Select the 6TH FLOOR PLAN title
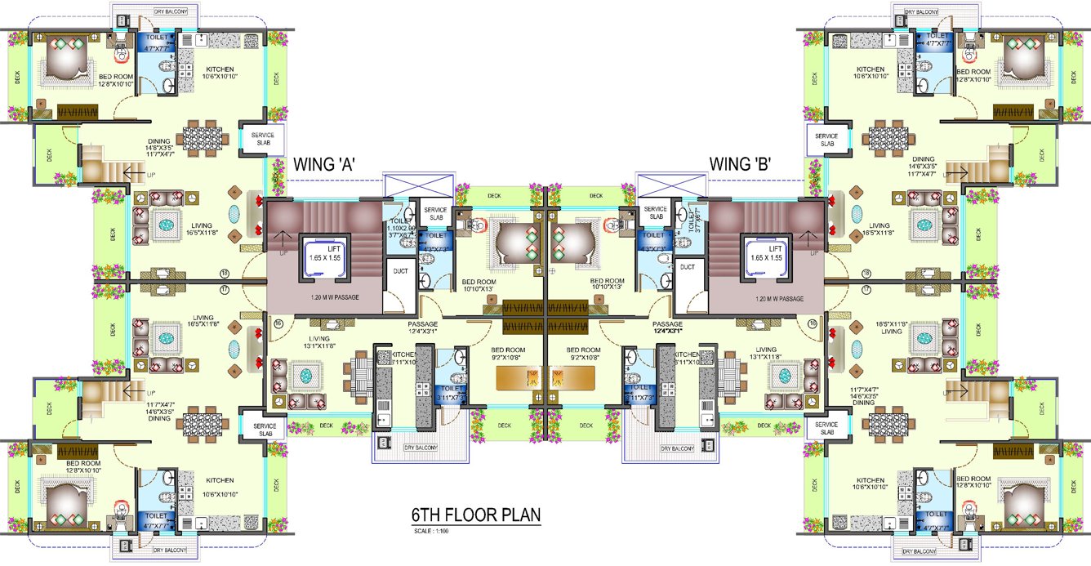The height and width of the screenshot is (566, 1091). coord(476,516)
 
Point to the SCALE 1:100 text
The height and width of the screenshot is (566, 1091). coord(432,533)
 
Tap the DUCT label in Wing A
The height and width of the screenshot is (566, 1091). coord(400,269)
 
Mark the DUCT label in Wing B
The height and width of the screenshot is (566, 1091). coord(687,267)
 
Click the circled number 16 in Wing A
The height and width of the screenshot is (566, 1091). coord(278,325)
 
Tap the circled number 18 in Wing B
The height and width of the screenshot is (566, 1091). coord(867,274)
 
